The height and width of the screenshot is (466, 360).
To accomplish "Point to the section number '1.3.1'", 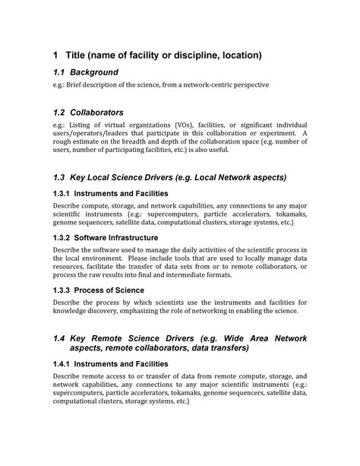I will (62, 194).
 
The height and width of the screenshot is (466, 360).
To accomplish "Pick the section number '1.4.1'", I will (62, 364).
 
